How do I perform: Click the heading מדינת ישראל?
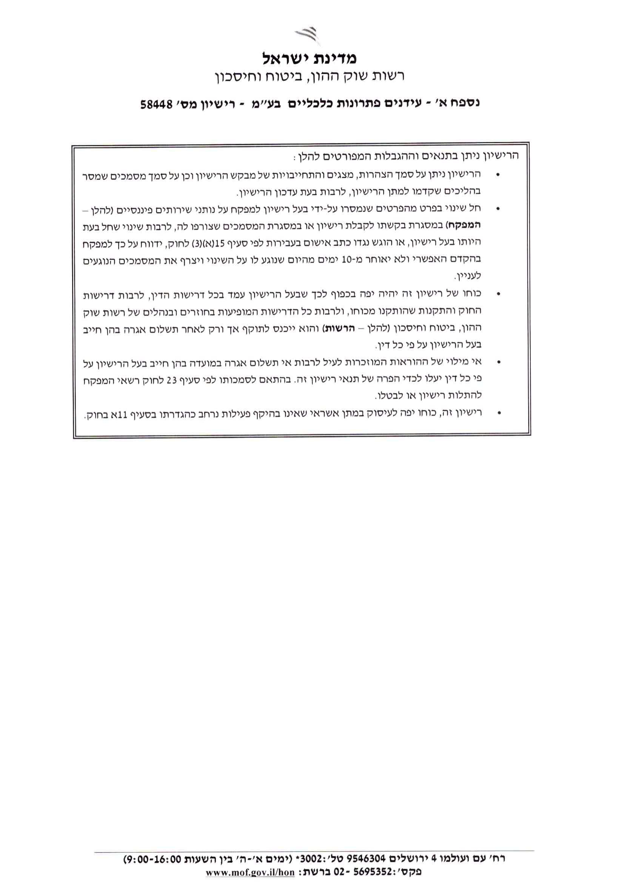pyautogui.click(x=310, y=59)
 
